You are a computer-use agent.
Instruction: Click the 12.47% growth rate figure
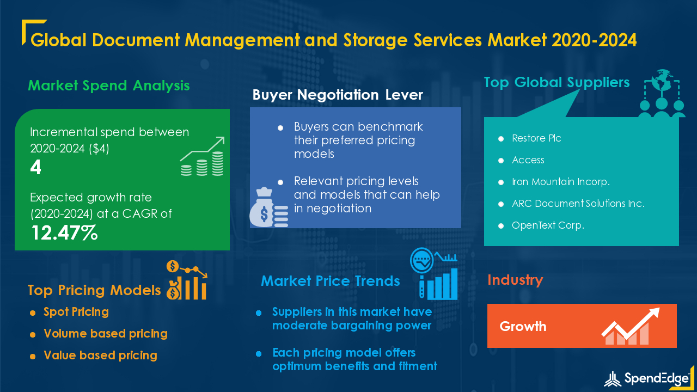pos(64,233)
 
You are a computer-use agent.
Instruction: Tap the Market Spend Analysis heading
pos(109,85)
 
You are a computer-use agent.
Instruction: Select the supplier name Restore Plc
pos(536,138)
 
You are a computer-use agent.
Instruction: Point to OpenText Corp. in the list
pos(548,225)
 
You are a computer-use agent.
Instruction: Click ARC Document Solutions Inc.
pos(578,204)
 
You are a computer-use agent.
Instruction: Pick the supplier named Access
pos(528,160)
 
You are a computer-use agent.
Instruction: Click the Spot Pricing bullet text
pos(76,312)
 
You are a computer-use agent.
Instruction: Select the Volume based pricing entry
pos(106,334)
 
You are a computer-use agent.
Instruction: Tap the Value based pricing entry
pos(100,356)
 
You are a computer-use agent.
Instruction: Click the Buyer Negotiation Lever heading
pos(338,95)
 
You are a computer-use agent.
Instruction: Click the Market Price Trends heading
pos(331,281)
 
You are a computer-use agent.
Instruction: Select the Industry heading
pos(515,280)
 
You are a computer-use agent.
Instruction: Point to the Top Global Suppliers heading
pos(557,83)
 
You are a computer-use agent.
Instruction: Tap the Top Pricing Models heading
pos(94,290)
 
